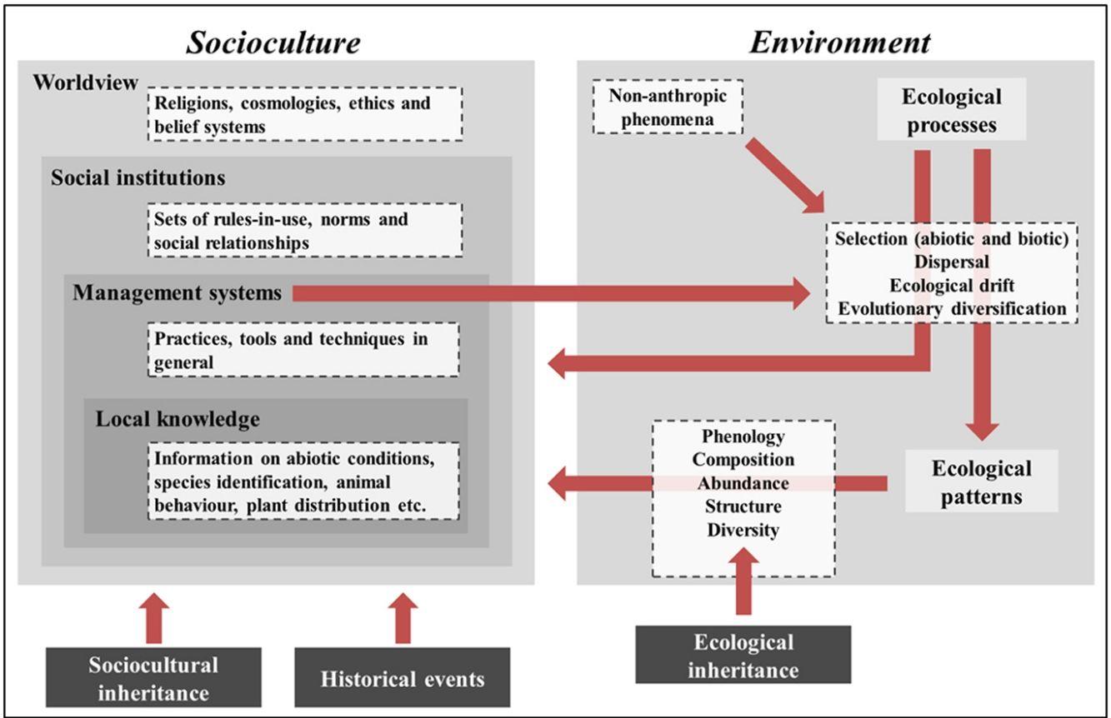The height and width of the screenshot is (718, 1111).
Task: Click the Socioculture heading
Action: pos(273,42)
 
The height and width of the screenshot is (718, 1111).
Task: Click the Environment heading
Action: pos(839,42)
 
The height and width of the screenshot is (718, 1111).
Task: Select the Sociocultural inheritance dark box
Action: pos(153,677)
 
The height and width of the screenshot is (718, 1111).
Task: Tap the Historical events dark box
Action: pos(403,678)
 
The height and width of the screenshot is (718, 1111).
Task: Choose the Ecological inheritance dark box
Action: pos(743,656)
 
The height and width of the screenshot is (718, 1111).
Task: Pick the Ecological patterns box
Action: pos(981,481)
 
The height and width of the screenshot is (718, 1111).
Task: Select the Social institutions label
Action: pos(138,178)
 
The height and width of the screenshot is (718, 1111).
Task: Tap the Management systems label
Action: pos(177,293)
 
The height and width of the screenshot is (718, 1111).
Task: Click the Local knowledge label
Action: pos(178,418)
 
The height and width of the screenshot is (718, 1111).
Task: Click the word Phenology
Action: pos(743,436)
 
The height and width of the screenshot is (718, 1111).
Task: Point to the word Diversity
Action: pos(743,530)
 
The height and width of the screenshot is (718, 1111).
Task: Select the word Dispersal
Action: pos(951,262)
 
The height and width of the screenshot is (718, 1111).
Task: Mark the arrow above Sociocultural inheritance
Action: pos(153,617)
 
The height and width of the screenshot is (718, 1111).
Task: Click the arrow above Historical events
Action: pos(403,617)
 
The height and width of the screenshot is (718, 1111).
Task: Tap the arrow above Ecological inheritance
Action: pos(743,587)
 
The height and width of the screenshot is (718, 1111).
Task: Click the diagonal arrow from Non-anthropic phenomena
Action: pos(784,174)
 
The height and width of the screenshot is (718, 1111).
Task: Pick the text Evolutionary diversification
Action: pos(951,308)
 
